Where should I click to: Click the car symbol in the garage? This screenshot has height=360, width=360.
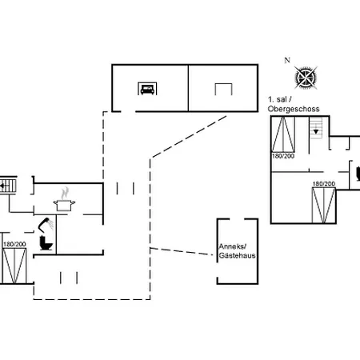[x=147, y=89]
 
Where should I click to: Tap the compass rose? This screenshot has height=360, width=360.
[x=306, y=78]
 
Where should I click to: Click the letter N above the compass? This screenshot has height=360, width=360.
[x=287, y=61]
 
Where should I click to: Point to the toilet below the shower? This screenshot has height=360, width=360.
[x=46, y=243]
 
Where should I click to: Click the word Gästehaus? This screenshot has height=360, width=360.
[x=237, y=255]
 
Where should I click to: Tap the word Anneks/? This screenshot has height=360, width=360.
[x=233, y=246]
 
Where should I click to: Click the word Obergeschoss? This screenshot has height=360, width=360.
[x=294, y=109]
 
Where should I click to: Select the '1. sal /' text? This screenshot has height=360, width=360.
[x=280, y=100]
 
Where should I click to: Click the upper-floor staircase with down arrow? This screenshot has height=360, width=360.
[x=316, y=128]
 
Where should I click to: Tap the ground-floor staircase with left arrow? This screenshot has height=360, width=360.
[x=8, y=186]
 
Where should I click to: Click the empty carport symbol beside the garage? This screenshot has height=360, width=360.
[x=223, y=89]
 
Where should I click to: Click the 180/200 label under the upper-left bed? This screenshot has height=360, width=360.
[x=283, y=156]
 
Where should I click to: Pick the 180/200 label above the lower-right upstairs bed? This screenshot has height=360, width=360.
[x=324, y=184]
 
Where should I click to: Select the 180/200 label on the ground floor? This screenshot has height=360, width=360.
[x=14, y=244]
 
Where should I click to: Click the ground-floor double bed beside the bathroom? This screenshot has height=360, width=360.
[x=14, y=266]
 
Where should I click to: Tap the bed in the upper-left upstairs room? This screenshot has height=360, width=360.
[x=283, y=134]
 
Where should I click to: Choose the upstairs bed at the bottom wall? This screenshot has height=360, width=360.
[x=324, y=205]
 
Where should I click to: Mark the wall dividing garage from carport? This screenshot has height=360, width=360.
[x=188, y=88]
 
